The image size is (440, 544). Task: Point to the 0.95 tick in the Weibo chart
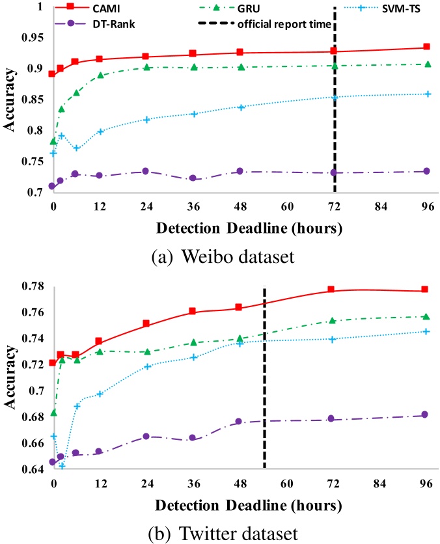(x=30, y=38)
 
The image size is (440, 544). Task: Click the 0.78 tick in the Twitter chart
(x=30, y=286)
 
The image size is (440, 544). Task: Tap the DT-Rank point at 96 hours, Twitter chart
(x=425, y=415)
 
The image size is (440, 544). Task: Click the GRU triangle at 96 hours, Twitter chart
(x=426, y=317)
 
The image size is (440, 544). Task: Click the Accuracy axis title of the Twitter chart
(x=11, y=377)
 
